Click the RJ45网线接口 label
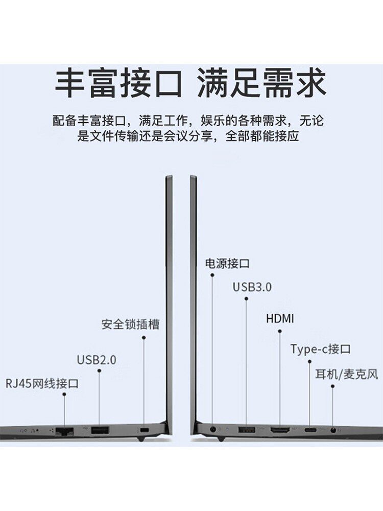click(x=42, y=383)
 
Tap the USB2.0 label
click(x=97, y=360)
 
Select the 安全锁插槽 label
click(x=130, y=324)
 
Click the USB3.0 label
click(x=252, y=287)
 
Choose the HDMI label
click(x=280, y=319)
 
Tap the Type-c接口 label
click(x=321, y=350)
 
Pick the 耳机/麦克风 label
click(x=347, y=374)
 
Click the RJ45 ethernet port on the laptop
click(x=65, y=430)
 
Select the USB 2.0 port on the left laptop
click(x=99, y=430)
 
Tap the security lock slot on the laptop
click(x=143, y=430)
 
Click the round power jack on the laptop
click(x=212, y=430)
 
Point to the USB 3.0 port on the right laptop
click(x=246, y=430)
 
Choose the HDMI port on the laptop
click(x=280, y=430)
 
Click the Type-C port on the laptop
click(x=309, y=430)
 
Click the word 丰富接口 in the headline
click(x=118, y=83)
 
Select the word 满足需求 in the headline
click(x=262, y=83)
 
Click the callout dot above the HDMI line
click(x=280, y=331)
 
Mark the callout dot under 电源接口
click(x=212, y=275)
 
